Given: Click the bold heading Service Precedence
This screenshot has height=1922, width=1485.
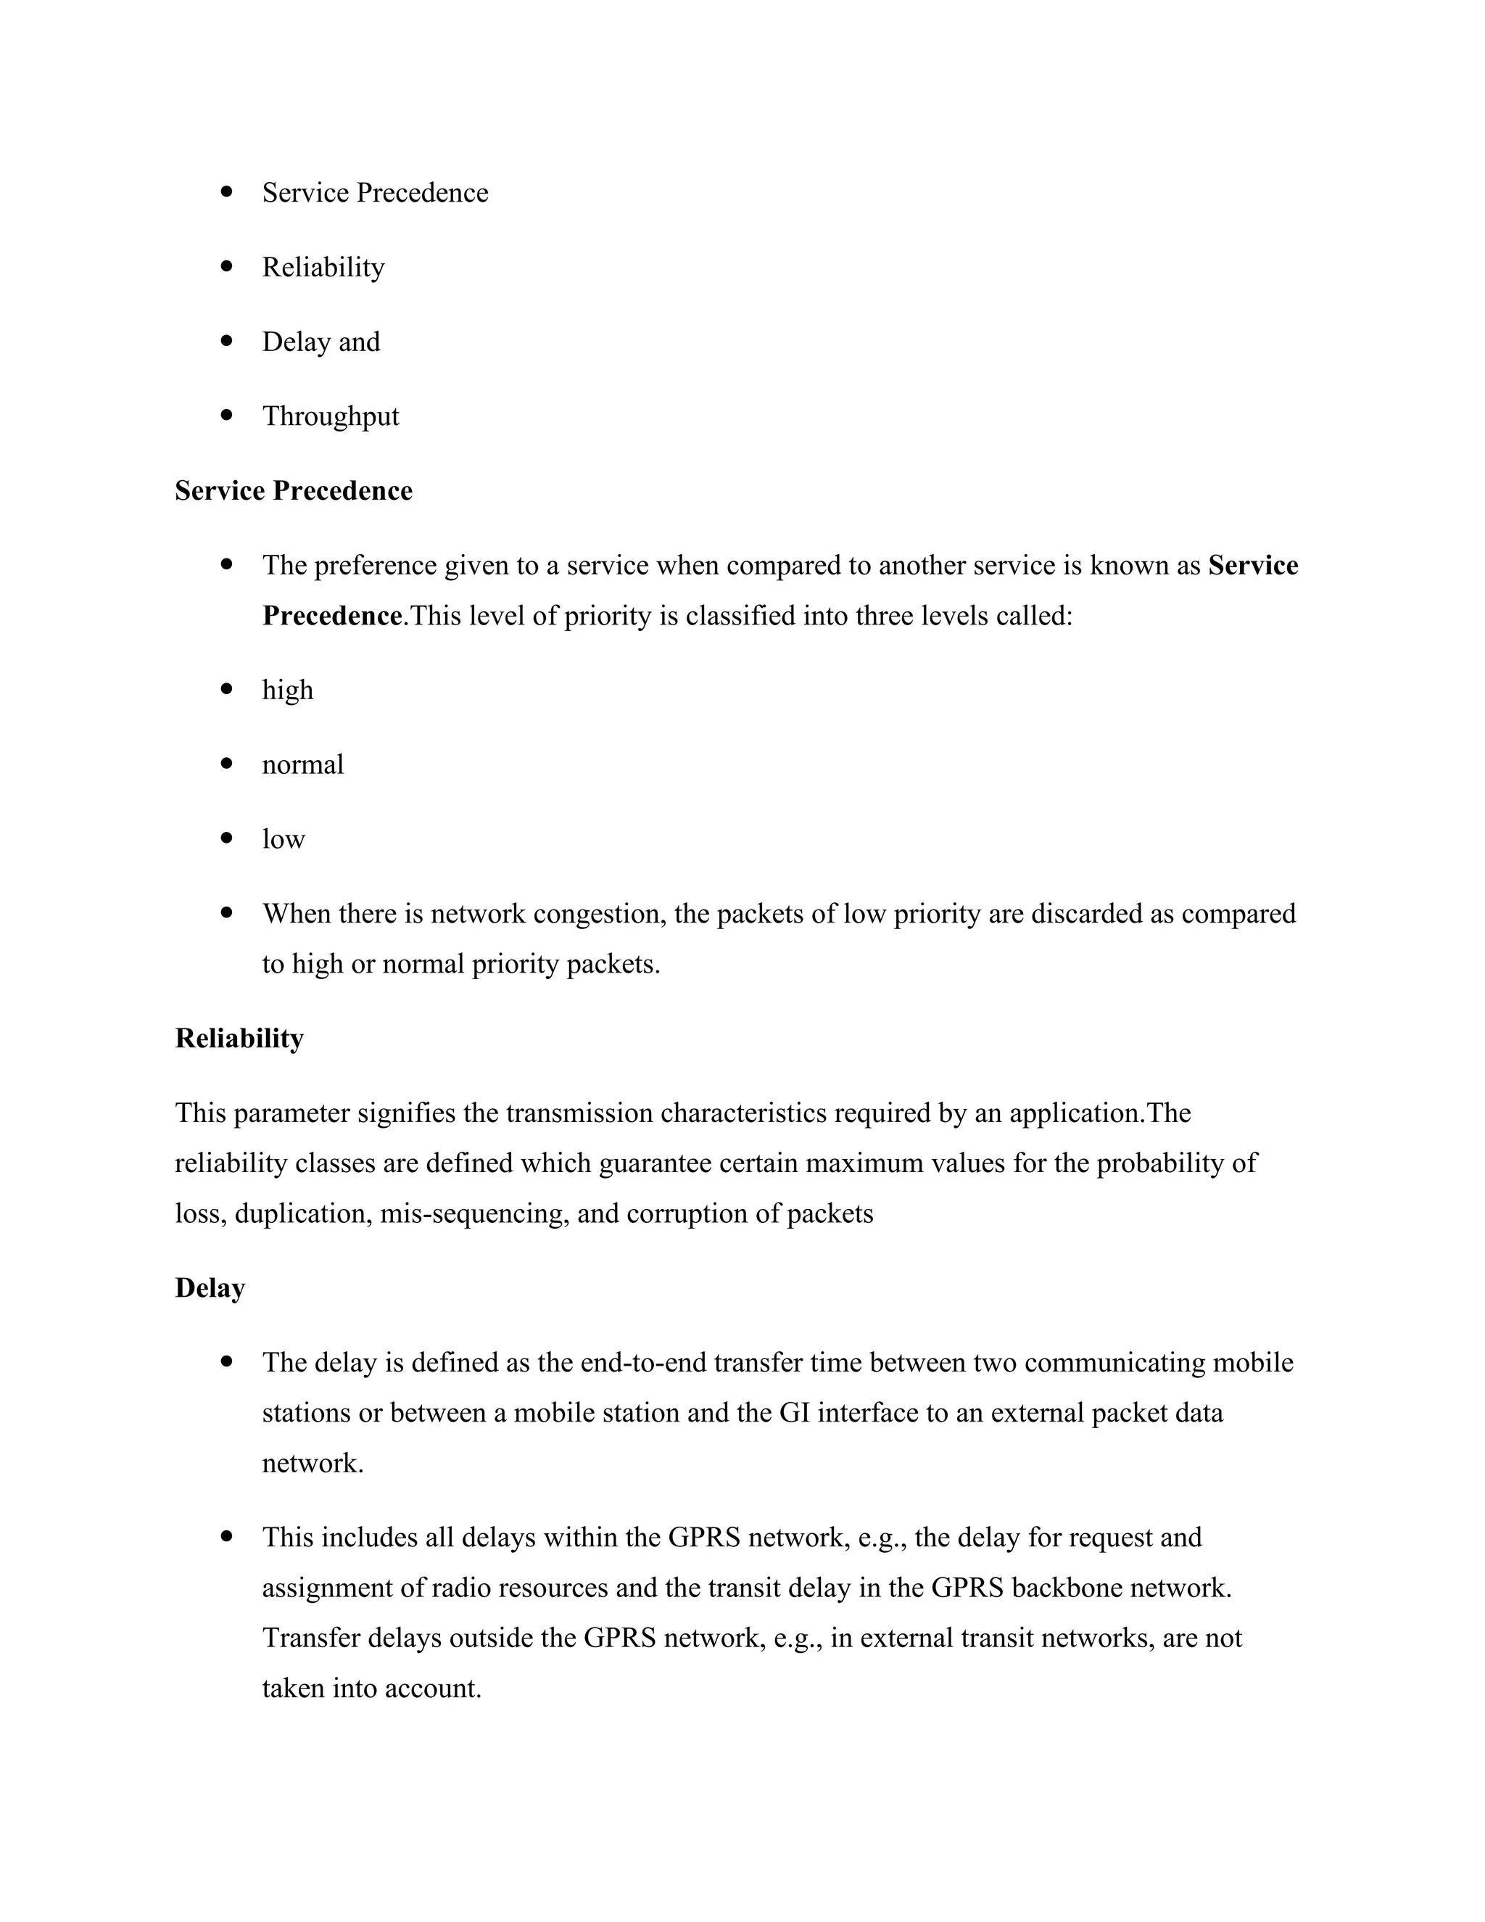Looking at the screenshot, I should (x=293, y=490).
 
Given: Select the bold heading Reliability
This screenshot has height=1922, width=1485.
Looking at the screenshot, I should (x=239, y=1039).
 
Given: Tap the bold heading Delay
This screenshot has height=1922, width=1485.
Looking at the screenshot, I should (x=210, y=1287).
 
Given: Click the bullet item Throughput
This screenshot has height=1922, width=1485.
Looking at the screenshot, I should (x=330, y=416).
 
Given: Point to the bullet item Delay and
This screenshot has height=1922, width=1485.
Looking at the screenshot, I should (x=321, y=342).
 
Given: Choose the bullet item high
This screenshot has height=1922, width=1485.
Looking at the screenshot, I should (x=288, y=690).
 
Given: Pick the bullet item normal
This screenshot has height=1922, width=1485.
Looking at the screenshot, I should (x=302, y=764).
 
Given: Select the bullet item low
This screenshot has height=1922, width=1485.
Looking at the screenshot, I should (x=284, y=840).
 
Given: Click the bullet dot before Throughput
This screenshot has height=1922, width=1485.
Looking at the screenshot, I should (x=228, y=414).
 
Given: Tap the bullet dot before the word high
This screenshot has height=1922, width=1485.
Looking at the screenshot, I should (x=228, y=688).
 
